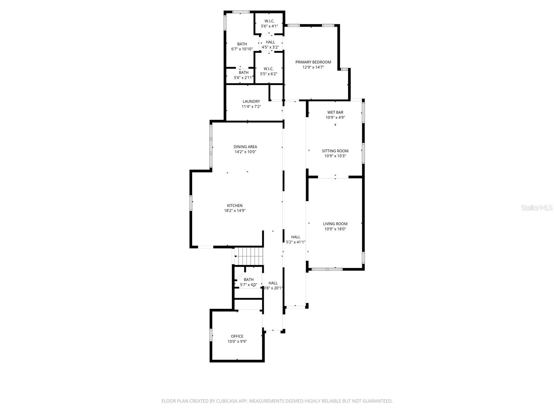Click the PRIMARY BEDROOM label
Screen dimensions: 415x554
tap(313, 62)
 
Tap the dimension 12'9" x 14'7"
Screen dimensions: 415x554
tap(313, 67)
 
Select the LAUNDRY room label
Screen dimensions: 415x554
tap(251, 101)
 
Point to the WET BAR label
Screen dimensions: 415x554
tap(335, 112)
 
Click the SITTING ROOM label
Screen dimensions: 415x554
tap(335, 151)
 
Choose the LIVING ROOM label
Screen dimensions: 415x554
tap(335, 224)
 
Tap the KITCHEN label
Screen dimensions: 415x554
tap(235, 205)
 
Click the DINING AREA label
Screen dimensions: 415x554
tap(245, 147)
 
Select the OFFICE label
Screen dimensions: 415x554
tap(237, 336)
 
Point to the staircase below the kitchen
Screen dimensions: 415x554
tap(249, 256)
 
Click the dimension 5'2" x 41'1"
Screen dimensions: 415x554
tap(296, 242)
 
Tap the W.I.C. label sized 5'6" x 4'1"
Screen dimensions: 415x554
tap(269, 21)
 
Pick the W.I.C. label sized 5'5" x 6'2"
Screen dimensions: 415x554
tap(269, 68)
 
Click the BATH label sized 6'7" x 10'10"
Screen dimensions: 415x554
tap(242, 44)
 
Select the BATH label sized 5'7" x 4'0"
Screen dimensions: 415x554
tap(249, 279)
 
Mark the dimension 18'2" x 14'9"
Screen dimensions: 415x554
tap(235, 211)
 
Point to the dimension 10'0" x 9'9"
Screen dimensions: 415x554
tap(237, 341)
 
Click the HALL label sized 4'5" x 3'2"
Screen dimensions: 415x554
tap(270, 42)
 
